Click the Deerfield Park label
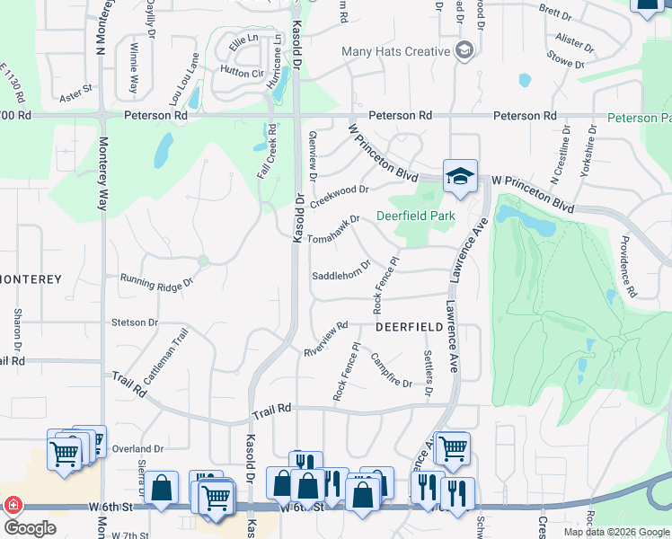(415, 216)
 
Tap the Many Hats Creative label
(395, 51)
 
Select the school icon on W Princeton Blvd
(460, 176)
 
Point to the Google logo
(29, 528)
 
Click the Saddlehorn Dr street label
(341, 271)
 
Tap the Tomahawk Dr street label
(333, 229)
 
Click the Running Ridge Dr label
(156, 282)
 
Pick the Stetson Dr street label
(135, 322)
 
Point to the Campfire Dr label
(391, 371)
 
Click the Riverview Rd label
(325, 338)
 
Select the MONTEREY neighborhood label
(31, 279)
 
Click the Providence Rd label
(626, 267)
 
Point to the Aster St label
(76, 93)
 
